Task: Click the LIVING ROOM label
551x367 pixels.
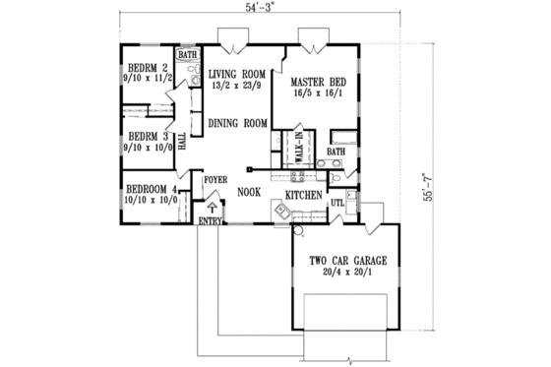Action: (x=238, y=72)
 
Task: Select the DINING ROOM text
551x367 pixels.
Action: (x=238, y=123)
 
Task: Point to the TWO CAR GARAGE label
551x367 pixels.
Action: (x=347, y=260)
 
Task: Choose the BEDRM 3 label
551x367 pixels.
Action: (x=145, y=136)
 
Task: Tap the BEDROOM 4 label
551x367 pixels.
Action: (x=151, y=189)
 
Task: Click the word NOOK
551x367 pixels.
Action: (x=248, y=193)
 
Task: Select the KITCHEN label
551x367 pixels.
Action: (x=305, y=197)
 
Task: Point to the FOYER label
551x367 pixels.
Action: (x=215, y=180)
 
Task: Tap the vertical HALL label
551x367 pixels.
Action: (x=182, y=140)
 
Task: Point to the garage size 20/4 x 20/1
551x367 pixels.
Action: (x=347, y=273)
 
